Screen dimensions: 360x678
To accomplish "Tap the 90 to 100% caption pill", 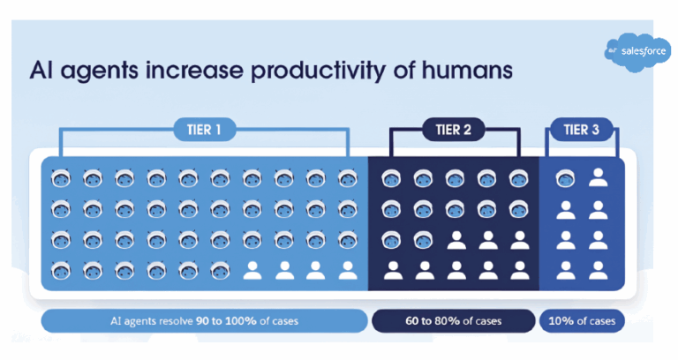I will (x=204, y=320).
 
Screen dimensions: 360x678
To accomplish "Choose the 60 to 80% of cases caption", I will (x=453, y=320).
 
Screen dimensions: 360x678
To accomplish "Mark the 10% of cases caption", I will (x=583, y=320).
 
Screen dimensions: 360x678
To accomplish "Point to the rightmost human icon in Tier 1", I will (x=348, y=270).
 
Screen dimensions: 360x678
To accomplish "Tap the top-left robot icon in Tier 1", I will (x=61, y=179).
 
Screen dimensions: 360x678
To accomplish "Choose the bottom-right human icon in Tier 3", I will (x=599, y=270).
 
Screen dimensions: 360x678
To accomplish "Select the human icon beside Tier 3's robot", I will (x=599, y=179).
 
